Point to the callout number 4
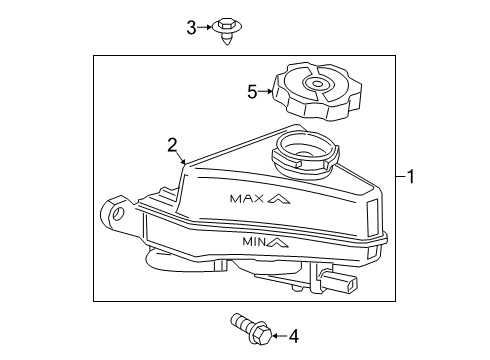pos(293,336)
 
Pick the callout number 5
pos(252,92)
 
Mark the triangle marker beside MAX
pos(281,199)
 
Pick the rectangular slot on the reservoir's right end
pos(373,216)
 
